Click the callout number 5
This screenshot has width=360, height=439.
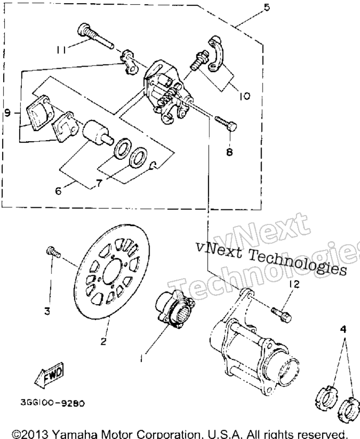coord(266,8)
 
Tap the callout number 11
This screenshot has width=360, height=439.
coord(61,51)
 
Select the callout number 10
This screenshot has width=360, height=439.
coord(244,96)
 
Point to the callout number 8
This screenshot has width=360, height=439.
coord(229,152)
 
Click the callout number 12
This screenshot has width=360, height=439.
coord(294,284)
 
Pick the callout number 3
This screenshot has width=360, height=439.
coord(47,311)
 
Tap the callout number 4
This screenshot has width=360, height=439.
coord(343,329)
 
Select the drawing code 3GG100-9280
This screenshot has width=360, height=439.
coord(52,404)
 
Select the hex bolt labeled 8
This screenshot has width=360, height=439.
coord(226,124)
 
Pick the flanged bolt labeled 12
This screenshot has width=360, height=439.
coord(281,314)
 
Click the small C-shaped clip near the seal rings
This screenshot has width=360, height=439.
coord(153,166)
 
